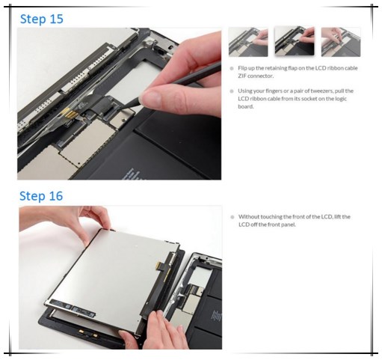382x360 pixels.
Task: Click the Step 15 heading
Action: coord(42,19)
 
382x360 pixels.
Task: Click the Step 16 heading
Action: coord(41,196)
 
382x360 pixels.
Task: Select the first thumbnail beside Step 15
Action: coord(248,42)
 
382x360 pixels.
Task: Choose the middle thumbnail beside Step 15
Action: coord(295,41)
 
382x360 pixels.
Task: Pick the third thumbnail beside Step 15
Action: coord(341,42)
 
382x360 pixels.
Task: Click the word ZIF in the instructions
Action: coord(242,76)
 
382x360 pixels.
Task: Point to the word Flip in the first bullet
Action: coord(242,68)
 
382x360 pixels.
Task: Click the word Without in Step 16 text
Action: coord(249,216)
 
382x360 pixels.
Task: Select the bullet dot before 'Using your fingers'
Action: coord(232,91)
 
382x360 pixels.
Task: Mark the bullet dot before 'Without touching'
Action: coord(232,217)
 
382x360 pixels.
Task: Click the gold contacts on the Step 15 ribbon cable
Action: coord(70,113)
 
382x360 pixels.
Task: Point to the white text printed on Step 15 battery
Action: coord(129,174)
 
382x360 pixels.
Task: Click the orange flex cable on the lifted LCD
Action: coord(161,267)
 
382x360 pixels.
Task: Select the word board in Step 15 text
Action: coord(246,106)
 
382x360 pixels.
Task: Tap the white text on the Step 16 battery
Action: coord(216,316)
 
